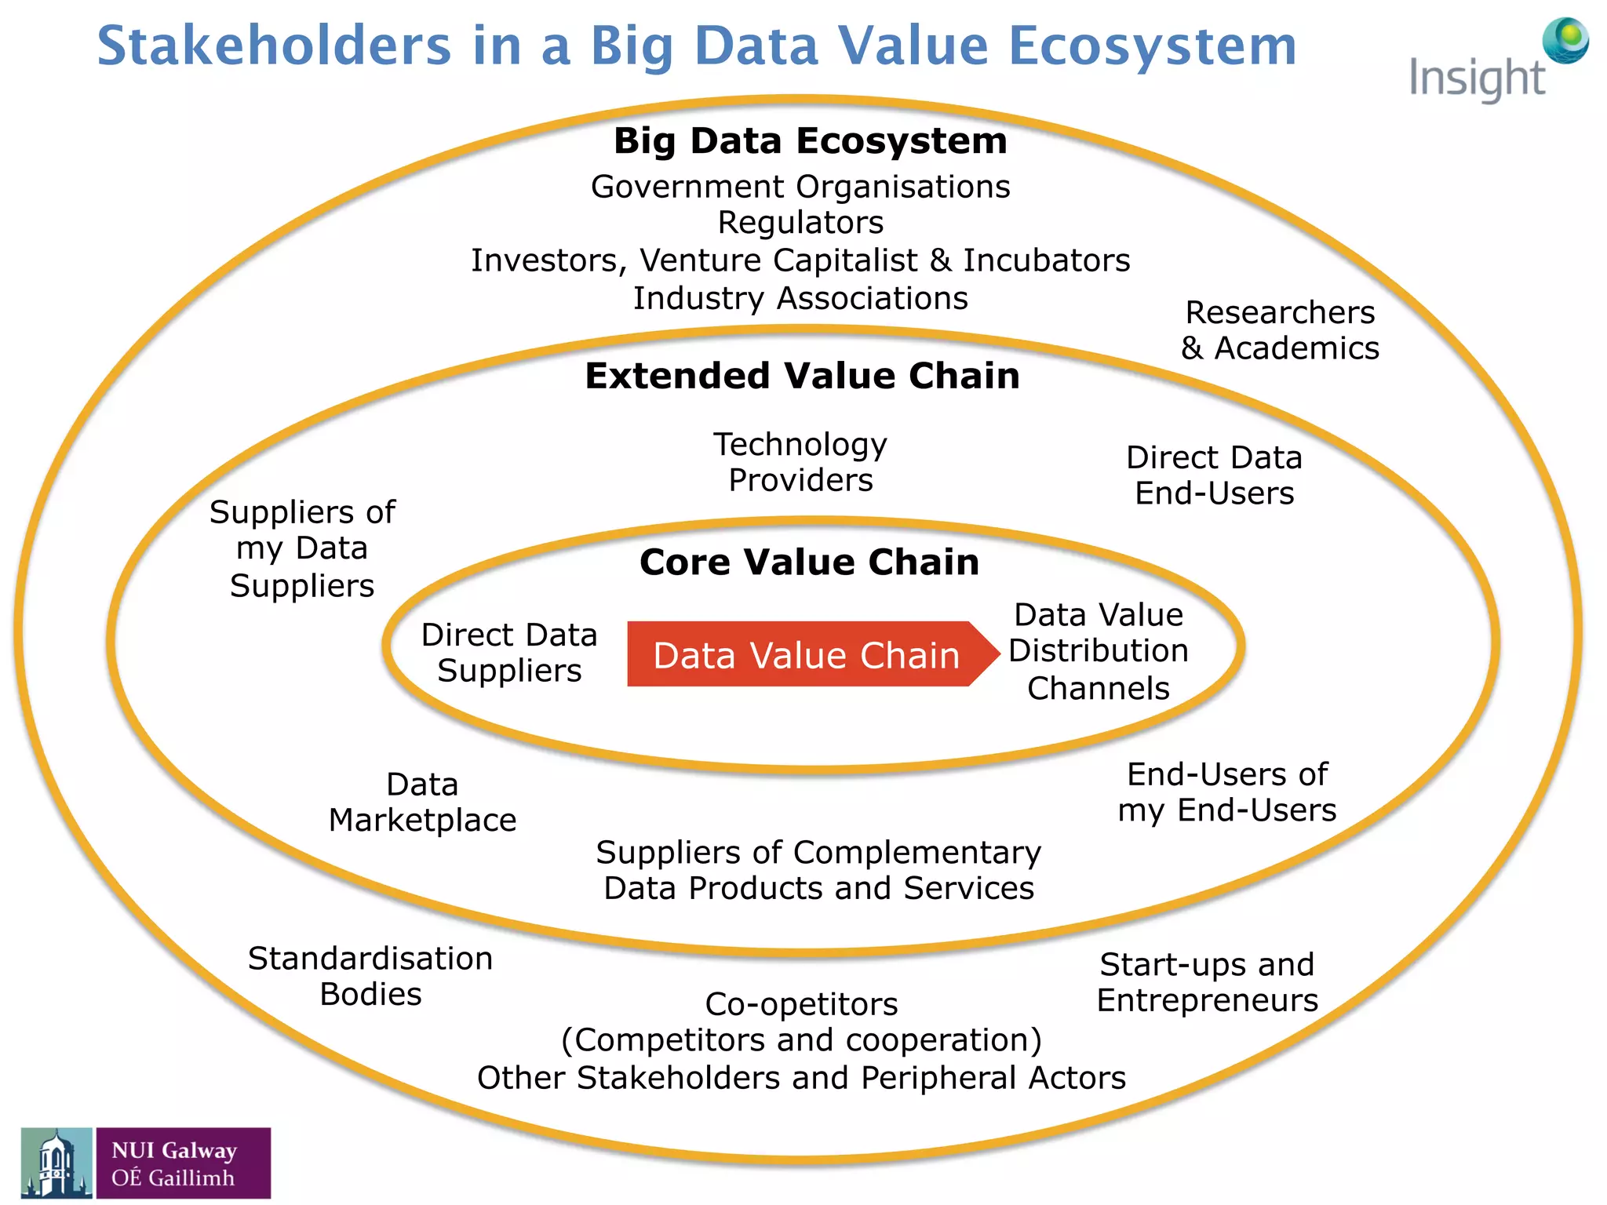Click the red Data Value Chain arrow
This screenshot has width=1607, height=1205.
(x=808, y=655)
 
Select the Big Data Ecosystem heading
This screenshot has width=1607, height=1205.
(x=810, y=142)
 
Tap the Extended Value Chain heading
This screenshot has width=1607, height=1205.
(x=802, y=376)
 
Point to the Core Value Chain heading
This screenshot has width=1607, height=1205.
(x=809, y=562)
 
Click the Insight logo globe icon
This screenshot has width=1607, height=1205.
(x=1565, y=41)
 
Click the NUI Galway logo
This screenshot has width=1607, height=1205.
(x=146, y=1163)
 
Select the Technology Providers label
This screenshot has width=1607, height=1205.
(x=800, y=462)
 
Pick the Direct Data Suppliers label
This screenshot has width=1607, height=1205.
(x=509, y=652)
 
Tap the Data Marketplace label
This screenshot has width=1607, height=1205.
(x=422, y=802)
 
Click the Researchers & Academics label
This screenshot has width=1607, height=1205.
(x=1280, y=330)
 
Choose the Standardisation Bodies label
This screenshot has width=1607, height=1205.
(x=370, y=976)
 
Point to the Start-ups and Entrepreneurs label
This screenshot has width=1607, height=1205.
(x=1207, y=982)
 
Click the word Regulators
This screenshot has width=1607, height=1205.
(x=800, y=223)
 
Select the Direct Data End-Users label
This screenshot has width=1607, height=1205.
(x=1214, y=475)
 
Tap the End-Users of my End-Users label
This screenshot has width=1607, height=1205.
(x=1227, y=792)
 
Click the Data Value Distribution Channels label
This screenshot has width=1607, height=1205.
(x=1099, y=651)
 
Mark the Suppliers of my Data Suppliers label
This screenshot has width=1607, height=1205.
(x=302, y=548)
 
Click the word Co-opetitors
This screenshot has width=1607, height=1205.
(x=801, y=1004)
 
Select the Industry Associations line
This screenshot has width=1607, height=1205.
(x=800, y=299)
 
